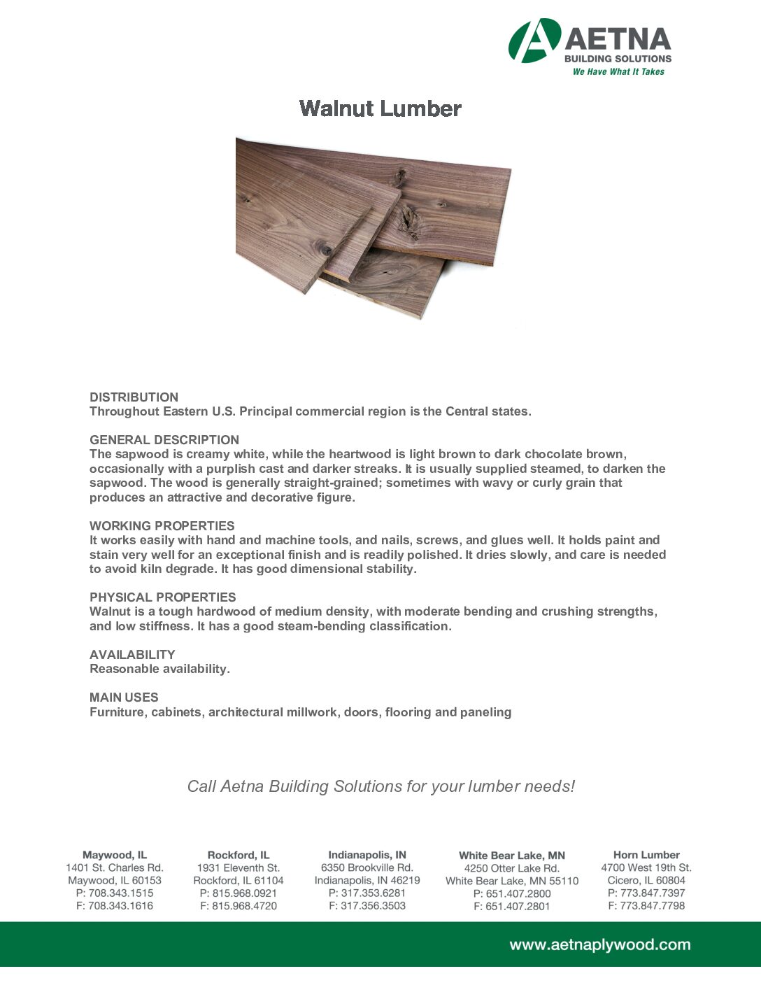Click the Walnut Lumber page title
click(380, 108)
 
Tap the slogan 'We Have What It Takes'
click(618, 71)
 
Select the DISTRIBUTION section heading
click(134, 397)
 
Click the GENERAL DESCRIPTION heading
click(164, 439)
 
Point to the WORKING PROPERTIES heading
click(162, 525)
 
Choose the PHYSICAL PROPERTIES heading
click(163, 597)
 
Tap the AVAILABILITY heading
click(132, 654)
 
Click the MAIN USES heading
click(124, 697)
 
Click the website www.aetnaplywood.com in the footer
click(599, 944)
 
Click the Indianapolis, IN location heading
click(367, 855)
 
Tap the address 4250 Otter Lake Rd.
click(512, 868)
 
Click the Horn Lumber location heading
click(646, 855)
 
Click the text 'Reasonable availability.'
click(159, 669)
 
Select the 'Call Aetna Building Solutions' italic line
click(380, 786)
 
